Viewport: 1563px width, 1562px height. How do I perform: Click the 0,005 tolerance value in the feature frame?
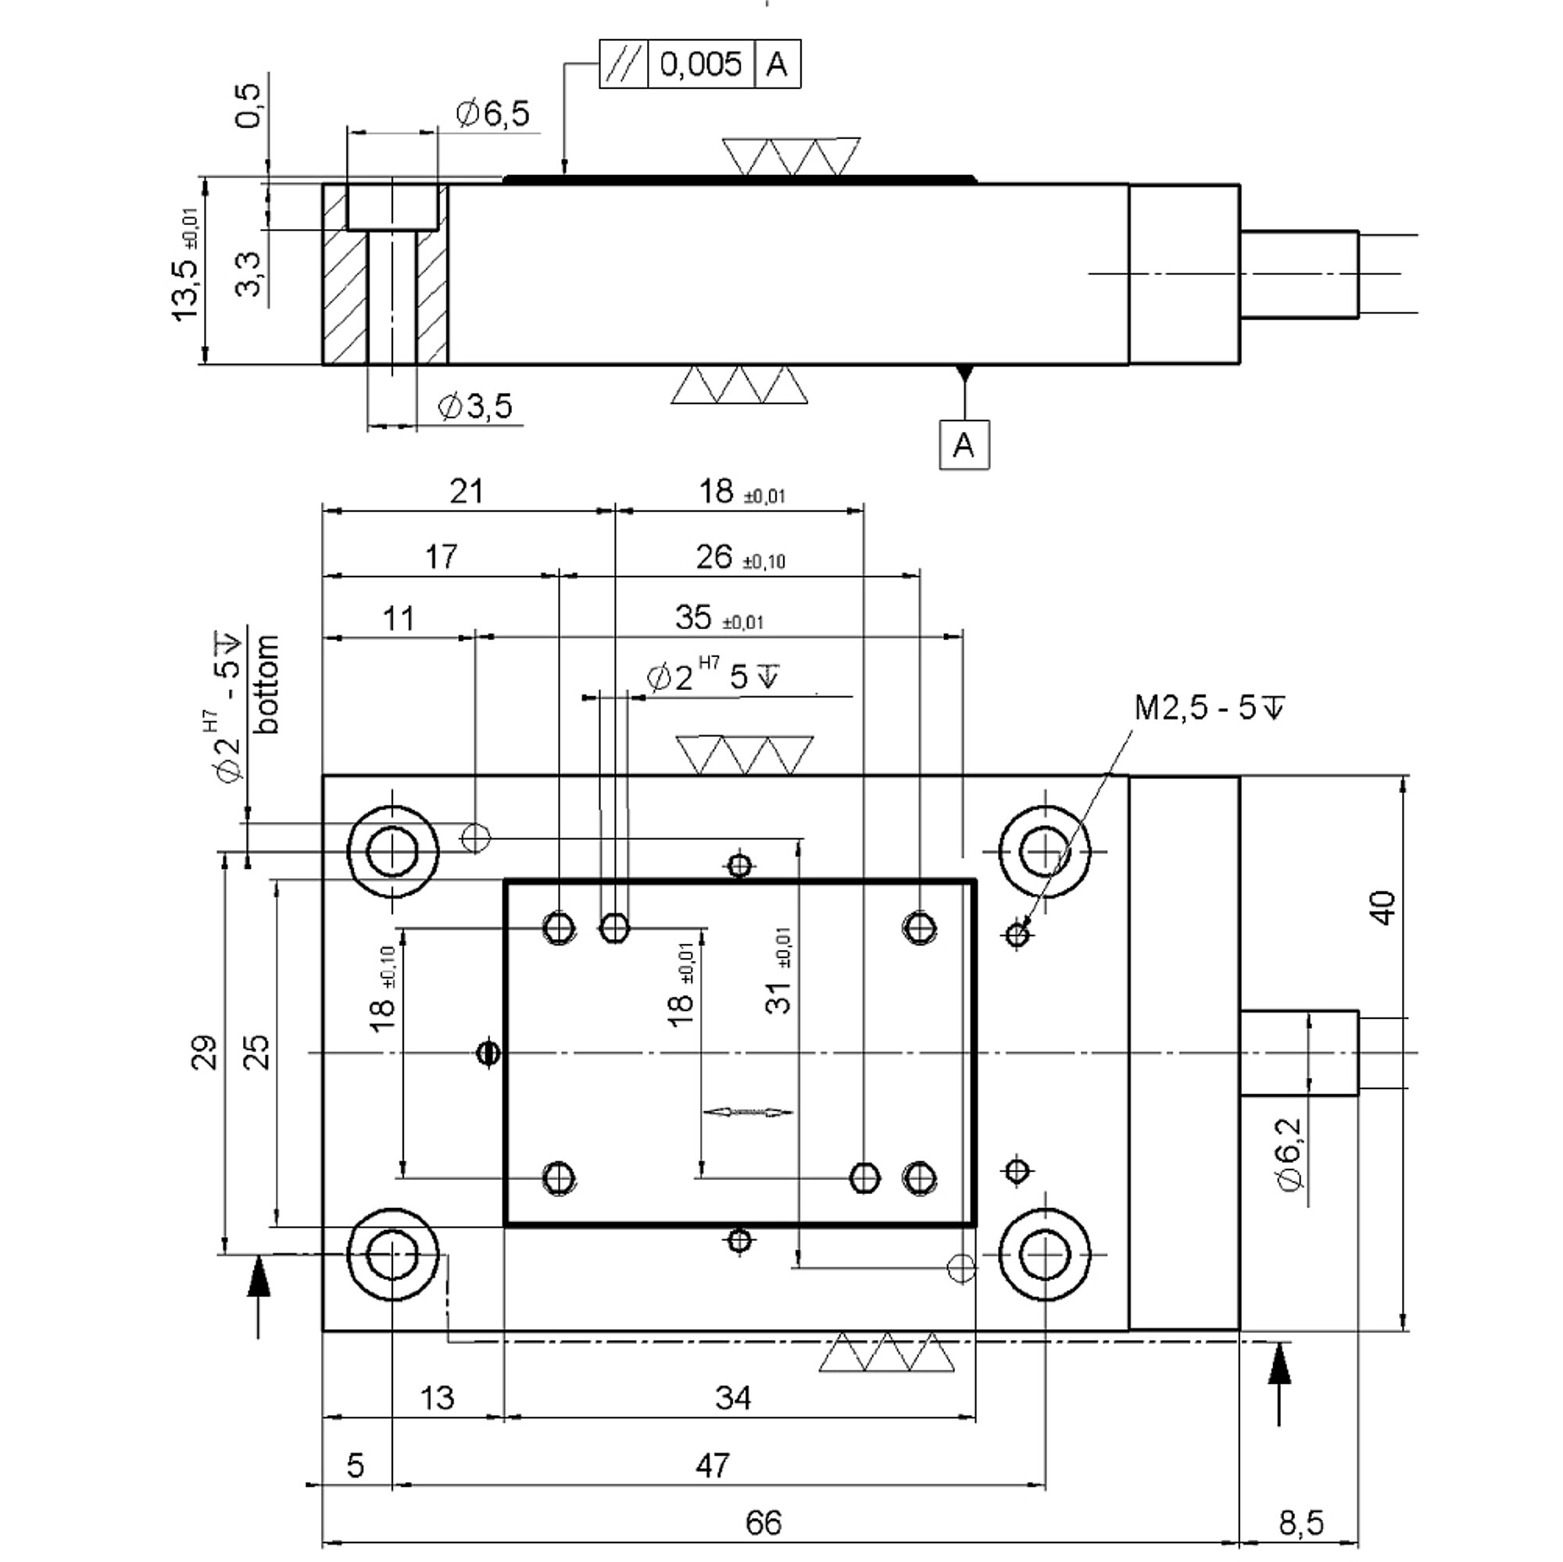click(700, 63)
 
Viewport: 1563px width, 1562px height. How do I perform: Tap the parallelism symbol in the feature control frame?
click(624, 63)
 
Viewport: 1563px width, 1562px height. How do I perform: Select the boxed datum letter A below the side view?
click(964, 444)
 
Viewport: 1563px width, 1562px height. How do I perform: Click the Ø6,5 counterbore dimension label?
click(492, 113)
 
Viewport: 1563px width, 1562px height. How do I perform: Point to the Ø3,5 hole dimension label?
click(475, 406)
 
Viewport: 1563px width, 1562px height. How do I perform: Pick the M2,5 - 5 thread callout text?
click(1210, 707)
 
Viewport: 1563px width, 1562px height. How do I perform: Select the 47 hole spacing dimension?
click(712, 1465)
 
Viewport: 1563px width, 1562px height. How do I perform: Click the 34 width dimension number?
click(733, 1397)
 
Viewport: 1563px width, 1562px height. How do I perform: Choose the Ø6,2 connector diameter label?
click(1291, 1154)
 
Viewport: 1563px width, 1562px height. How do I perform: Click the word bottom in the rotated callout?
click(266, 684)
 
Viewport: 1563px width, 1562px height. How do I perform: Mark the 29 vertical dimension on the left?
click(205, 1052)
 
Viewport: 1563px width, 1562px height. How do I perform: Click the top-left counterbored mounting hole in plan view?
click(392, 851)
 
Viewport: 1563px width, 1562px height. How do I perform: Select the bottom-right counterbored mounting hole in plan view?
click(1045, 1255)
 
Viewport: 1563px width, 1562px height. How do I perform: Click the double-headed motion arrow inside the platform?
click(748, 1112)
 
